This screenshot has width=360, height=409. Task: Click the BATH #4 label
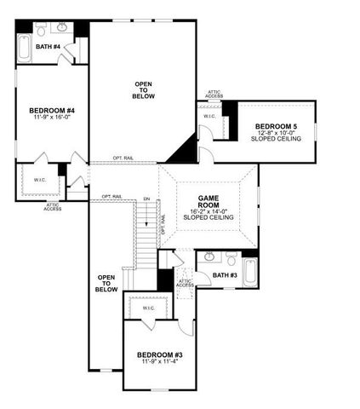[x=49, y=46]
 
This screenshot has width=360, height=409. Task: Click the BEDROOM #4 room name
[x=52, y=111]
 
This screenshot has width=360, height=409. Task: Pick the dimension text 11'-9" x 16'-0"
[x=52, y=118]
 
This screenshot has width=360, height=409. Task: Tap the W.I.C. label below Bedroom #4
[x=40, y=180]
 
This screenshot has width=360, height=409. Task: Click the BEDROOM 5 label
[x=276, y=127]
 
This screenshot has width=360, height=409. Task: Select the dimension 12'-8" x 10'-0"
[x=276, y=134]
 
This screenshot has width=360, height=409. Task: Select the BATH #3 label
[x=226, y=275]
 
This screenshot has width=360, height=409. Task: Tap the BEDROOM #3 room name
[x=161, y=354]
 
